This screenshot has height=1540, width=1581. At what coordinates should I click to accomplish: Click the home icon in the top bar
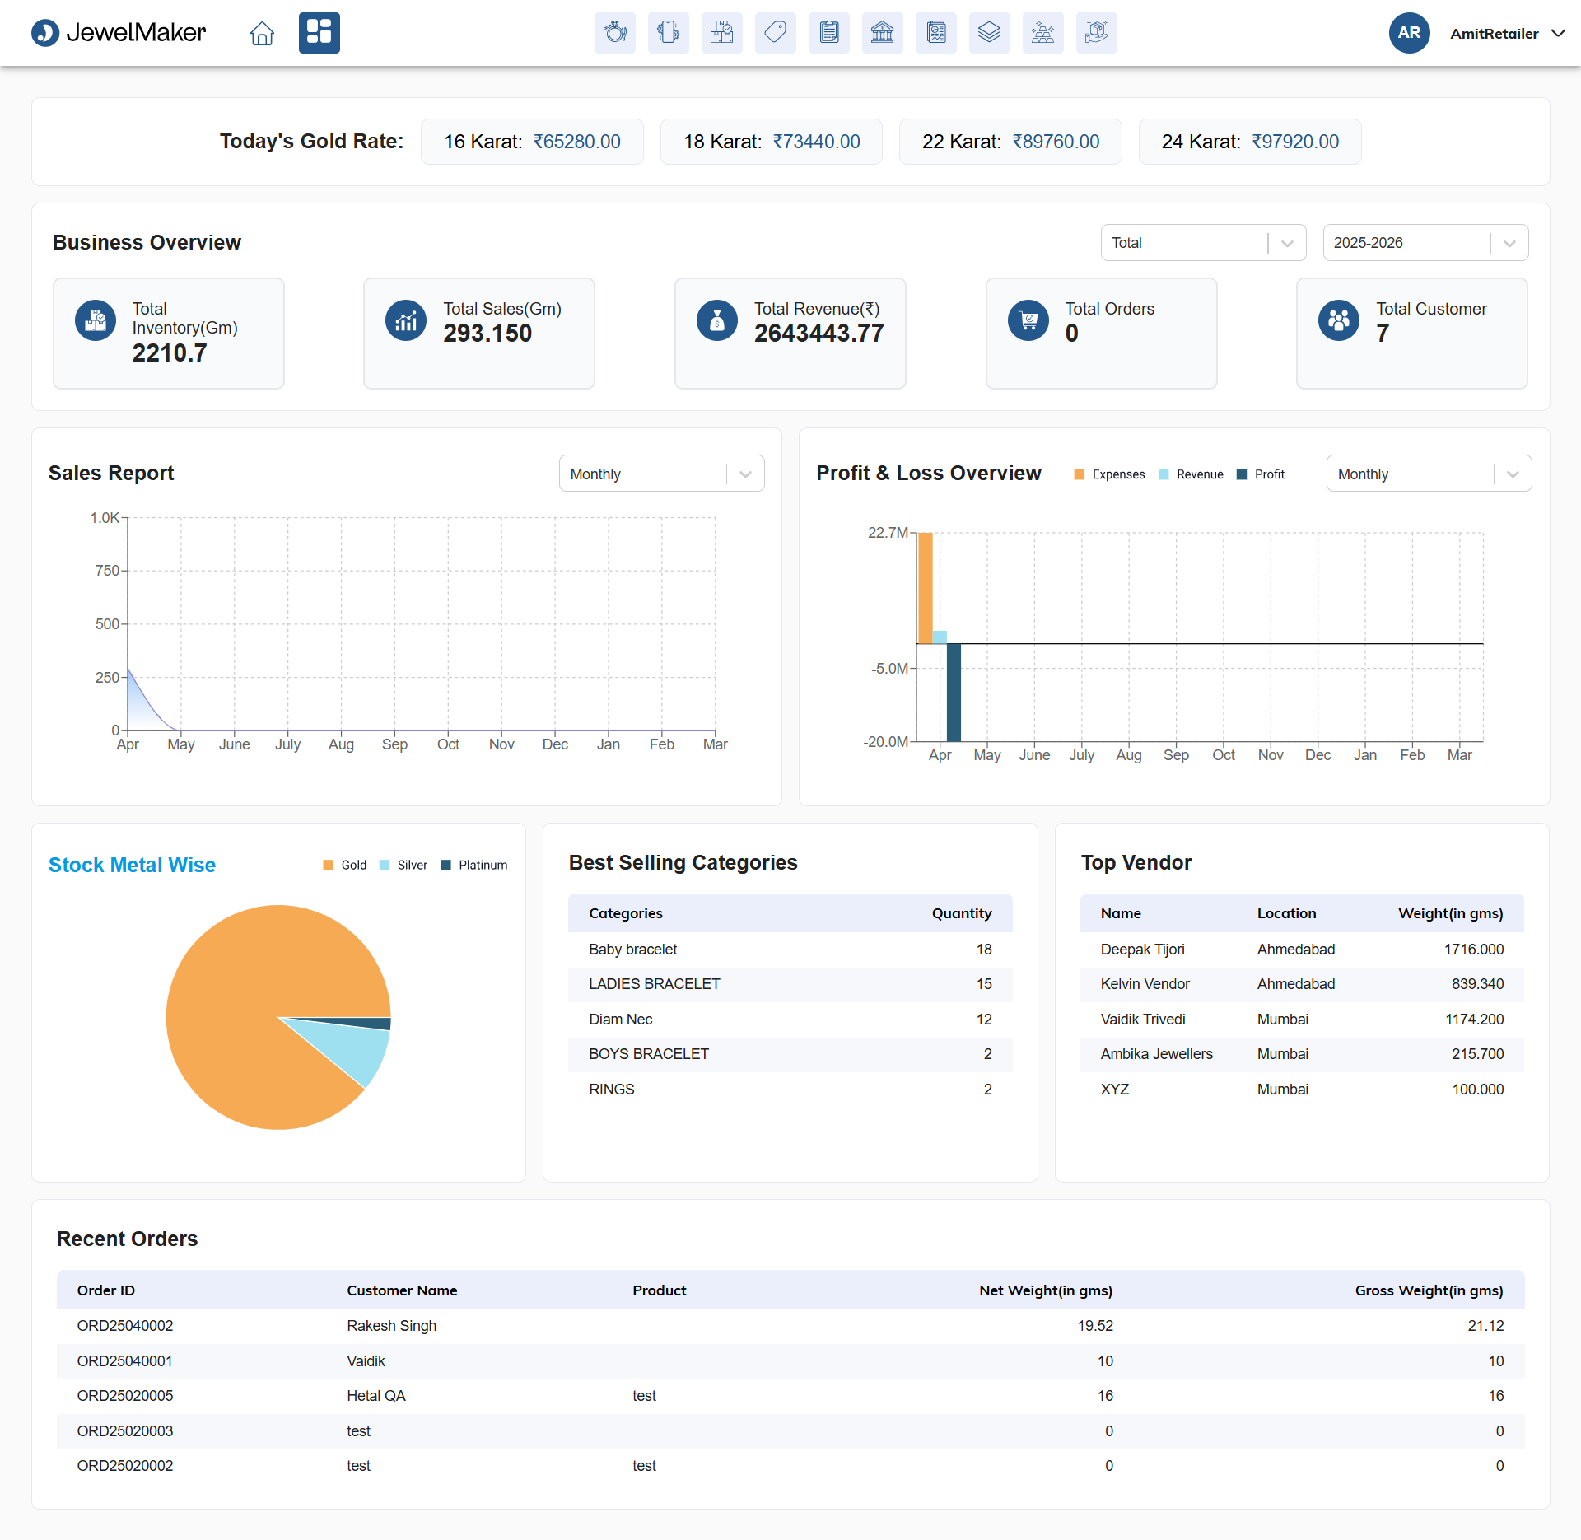click(262, 33)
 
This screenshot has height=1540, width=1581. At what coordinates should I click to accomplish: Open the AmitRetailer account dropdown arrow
click(1558, 33)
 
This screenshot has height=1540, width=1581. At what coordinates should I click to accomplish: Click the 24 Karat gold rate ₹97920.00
click(1295, 142)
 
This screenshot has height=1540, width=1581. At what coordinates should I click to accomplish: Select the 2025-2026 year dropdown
click(1425, 243)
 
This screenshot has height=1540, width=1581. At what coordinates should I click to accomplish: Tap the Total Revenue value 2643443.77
click(818, 334)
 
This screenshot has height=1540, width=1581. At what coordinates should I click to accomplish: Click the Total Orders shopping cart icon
click(1028, 320)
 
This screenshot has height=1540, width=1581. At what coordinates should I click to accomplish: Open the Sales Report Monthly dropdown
click(661, 474)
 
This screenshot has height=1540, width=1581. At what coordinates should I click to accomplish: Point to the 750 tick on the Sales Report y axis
click(107, 570)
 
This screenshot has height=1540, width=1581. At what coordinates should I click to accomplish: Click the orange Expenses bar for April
click(926, 588)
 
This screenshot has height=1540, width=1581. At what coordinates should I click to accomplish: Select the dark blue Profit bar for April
click(954, 693)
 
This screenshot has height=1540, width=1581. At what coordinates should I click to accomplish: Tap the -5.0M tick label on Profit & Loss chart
click(889, 669)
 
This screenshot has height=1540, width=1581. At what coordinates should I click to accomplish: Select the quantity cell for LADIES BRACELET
click(984, 984)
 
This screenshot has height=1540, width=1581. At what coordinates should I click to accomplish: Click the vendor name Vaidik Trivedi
click(1143, 1020)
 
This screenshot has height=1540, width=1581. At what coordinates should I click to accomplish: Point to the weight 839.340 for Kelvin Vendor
click(1477, 984)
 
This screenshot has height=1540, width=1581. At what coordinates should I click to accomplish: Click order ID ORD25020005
click(125, 1396)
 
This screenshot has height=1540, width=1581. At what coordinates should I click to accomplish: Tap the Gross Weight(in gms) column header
click(1429, 1290)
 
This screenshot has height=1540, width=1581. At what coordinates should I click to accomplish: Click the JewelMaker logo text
click(136, 33)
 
